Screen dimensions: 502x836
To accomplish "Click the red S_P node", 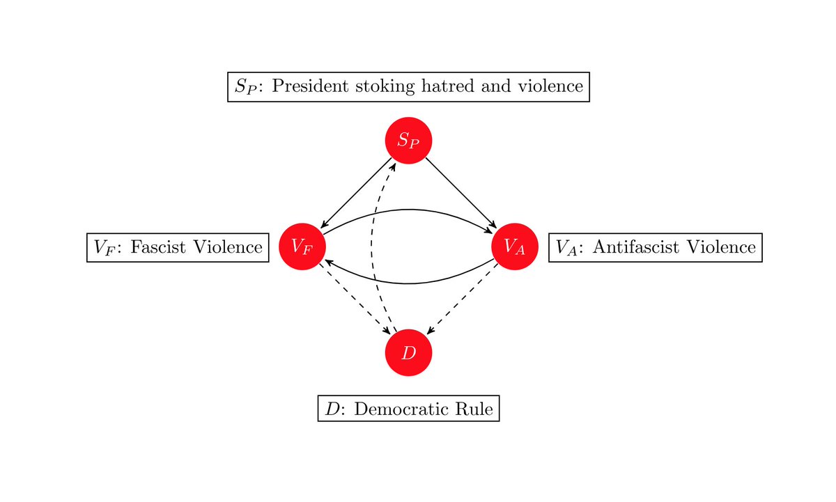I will (x=409, y=141).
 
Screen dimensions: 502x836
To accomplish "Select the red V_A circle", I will (x=515, y=246).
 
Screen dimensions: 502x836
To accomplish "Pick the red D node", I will (x=409, y=352).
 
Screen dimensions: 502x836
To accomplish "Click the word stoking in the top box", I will (x=396, y=87).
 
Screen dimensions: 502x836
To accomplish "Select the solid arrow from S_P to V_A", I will (x=461, y=193).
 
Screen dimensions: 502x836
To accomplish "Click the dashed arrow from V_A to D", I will (x=463, y=299).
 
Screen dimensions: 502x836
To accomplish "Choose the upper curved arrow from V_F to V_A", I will (x=409, y=210).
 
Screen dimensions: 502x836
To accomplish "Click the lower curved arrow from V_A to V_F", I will (x=409, y=283).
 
